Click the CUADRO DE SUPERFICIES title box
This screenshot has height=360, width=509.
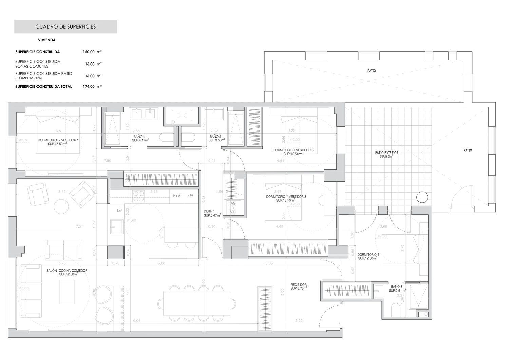pyautogui.click(x=65, y=26)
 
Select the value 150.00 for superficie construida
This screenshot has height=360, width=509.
pyautogui.click(x=89, y=52)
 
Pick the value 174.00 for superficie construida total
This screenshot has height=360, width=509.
pyautogui.click(x=89, y=87)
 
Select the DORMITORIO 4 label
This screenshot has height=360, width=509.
pyautogui.click(x=368, y=256)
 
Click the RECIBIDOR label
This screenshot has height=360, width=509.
pyautogui.click(x=299, y=286)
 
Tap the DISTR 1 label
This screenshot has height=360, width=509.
pyautogui.click(x=212, y=213)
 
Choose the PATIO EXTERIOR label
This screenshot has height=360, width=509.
pyautogui.click(x=387, y=155)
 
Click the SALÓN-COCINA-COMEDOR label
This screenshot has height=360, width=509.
pyautogui.click(x=67, y=272)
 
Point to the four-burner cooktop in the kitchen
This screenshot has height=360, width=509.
pyautogui.click(x=138, y=196)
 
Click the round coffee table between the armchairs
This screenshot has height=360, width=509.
pyautogui.click(x=62, y=205)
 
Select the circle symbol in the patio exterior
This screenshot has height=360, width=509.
pyautogui.click(x=422, y=197)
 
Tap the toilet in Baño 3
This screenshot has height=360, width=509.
pyautogui.click(x=396, y=310)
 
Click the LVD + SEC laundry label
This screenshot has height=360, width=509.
pyautogui.click(x=232, y=208)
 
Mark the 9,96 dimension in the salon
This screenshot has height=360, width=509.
pyautogui.click(x=137, y=320)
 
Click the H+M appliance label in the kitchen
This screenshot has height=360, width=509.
pyautogui.click(x=177, y=196)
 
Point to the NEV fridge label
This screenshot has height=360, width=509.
pyautogui.click(x=190, y=196)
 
